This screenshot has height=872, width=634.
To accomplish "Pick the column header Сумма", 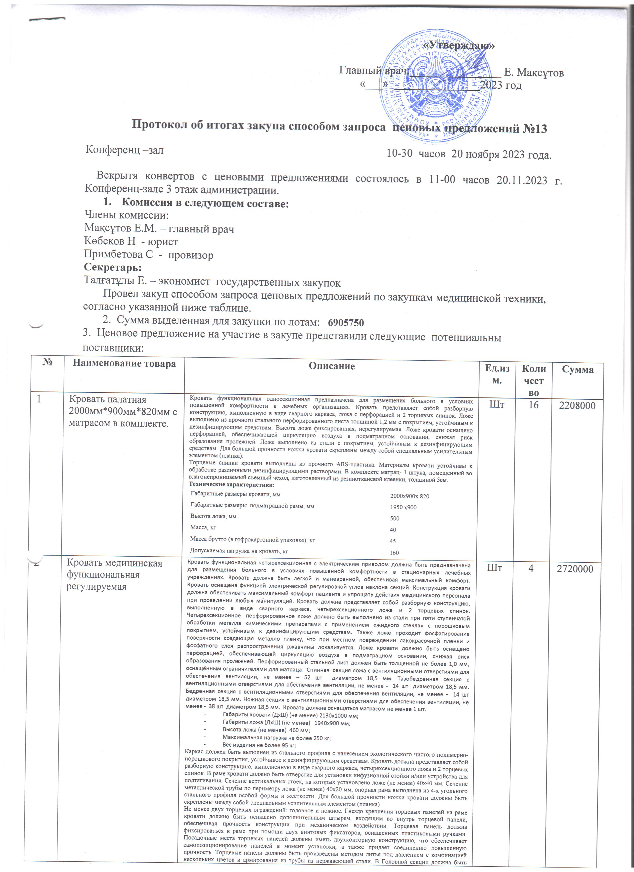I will pos(578,369).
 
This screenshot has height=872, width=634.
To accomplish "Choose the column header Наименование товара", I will pos(124,363).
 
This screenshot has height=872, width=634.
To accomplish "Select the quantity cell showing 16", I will pos(533,404).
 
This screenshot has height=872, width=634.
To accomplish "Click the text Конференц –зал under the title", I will pos(124,150).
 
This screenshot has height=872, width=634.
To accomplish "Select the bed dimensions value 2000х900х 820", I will pos(409,496).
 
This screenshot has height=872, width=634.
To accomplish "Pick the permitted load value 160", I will pos(395,553).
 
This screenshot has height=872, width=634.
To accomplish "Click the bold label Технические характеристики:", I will pos(231,484).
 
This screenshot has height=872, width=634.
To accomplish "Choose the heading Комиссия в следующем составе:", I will pos(205,203).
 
